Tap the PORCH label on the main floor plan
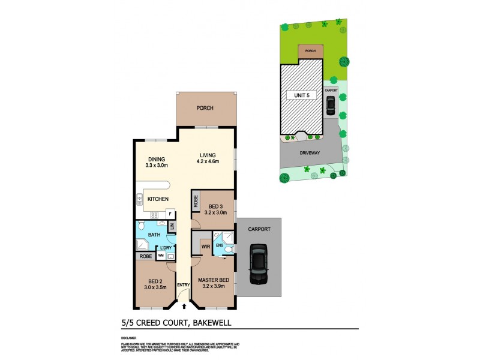tap(205, 108)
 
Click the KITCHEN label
tap(158, 199)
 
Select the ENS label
tap(220, 245)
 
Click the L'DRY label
tap(166, 248)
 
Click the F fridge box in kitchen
tap(170, 214)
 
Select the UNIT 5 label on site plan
tap(302, 95)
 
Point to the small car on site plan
tap(331, 106)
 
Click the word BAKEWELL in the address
tap(211, 323)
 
